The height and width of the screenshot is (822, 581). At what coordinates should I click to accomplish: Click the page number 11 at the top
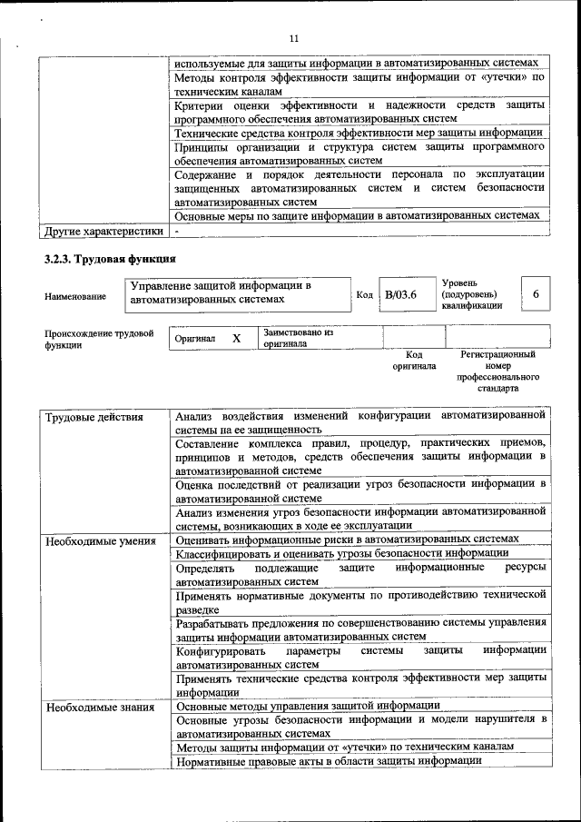click(293, 37)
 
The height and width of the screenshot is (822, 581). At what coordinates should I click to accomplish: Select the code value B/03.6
click(400, 295)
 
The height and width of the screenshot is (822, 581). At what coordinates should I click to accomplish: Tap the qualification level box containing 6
click(536, 295)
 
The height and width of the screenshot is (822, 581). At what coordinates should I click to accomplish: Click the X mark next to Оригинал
click(237, 338)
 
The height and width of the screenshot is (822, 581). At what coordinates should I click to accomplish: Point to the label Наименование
click(74, 296)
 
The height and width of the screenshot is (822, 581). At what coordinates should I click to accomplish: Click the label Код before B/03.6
click(364, 295)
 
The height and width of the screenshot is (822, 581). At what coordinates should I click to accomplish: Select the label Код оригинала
click(414, 361)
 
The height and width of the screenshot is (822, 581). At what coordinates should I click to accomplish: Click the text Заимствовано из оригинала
click(298, 338)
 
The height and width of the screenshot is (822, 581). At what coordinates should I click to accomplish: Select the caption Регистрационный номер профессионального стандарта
click(498, 371)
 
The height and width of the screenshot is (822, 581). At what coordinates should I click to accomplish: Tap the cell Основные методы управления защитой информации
click(308, 706)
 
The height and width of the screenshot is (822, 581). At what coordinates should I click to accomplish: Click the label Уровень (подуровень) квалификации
click(470, 295)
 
